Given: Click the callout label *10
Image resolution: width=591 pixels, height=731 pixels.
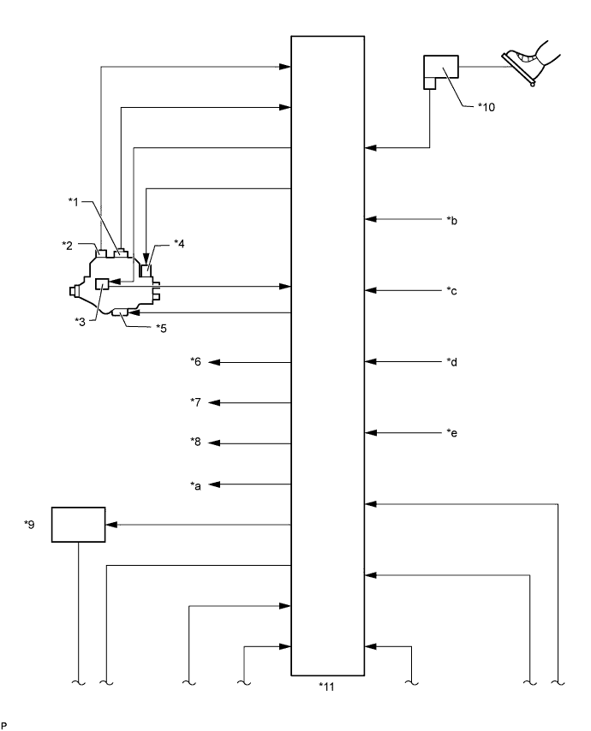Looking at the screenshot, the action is click(486, 107).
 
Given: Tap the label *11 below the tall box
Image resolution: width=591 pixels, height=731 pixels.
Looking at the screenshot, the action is click(326, 686).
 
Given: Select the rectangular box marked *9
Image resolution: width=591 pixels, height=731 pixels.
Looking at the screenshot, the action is click(78, 525).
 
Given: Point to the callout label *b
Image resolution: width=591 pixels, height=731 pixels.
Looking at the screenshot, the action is click(452, 221).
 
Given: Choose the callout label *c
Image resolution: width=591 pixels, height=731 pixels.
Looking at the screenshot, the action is click(451, 291).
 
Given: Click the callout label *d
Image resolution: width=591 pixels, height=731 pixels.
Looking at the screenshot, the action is click(452, 362).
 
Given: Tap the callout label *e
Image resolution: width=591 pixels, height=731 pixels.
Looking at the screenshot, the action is click(452, 433).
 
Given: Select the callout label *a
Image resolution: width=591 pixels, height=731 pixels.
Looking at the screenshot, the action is click(195, 486).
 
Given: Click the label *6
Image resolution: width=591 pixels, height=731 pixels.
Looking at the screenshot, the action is click(195, 361).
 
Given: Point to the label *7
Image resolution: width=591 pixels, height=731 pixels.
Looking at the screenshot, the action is click(195, 401).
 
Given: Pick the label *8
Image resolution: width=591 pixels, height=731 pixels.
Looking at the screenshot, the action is click(195, 442).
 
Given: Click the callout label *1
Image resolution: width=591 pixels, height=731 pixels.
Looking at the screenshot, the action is click(74, 202).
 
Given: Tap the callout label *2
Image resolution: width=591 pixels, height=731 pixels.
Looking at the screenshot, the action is click(67, 245).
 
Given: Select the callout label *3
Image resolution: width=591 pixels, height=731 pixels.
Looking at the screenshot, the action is click(81, 322).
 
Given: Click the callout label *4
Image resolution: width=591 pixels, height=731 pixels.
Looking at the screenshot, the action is click(179, 243).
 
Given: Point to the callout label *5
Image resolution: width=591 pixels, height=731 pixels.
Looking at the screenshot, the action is click(161, 328).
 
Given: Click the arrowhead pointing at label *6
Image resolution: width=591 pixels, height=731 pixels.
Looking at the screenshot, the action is click(213, 362).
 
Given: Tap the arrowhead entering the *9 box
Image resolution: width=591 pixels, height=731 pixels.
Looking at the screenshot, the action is click(112, 525).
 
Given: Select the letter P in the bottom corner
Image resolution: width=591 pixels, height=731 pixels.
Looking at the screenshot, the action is click(4, 725).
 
